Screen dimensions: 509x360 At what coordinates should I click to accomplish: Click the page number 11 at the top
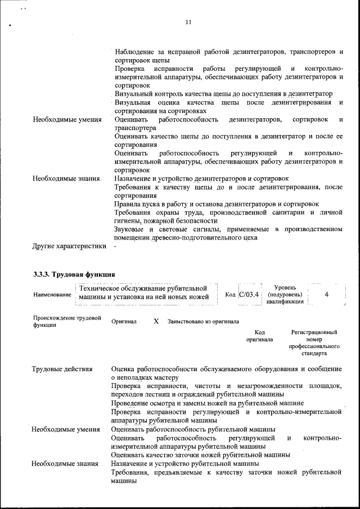point(188,22)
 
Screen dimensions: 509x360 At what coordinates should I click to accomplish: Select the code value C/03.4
point(249,294)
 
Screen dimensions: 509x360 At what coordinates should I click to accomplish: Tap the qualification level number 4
point(326,294)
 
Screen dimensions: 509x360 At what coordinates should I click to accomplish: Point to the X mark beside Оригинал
point(156,321)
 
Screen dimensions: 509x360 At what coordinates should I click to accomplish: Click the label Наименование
point(52,295)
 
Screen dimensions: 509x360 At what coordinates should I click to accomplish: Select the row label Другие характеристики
point(69,246)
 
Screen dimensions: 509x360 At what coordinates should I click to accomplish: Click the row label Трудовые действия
point(62,369)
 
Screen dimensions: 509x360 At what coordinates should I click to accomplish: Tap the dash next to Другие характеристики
point(115,246)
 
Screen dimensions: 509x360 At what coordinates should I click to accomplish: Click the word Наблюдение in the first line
point(137,52)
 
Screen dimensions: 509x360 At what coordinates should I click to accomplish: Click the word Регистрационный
point(314,332)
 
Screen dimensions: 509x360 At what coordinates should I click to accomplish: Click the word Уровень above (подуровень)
point(285,287)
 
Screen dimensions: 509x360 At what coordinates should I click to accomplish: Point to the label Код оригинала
point(259,336)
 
